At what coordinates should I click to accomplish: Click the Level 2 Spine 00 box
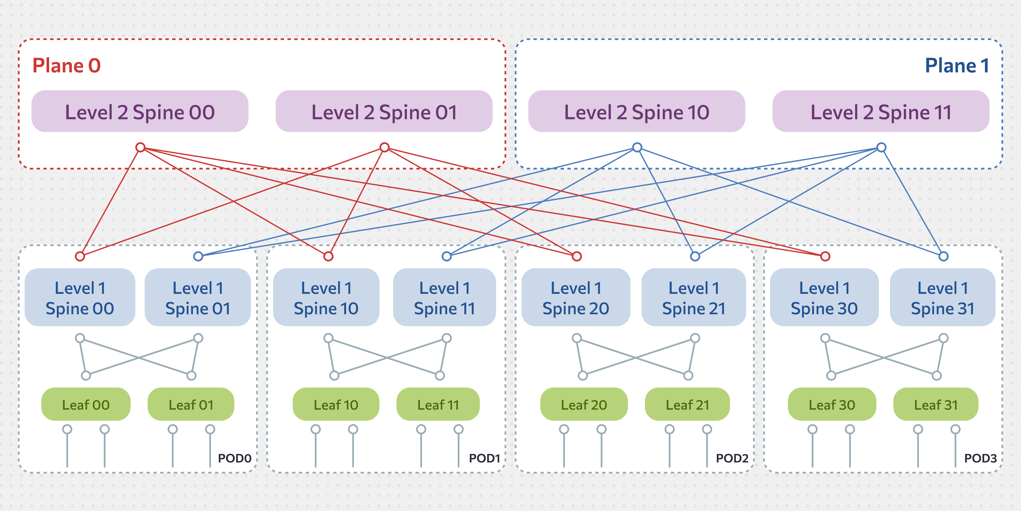click(140, 111)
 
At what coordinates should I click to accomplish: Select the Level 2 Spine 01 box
click(384, 111)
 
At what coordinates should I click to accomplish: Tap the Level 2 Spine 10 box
click(637, 111)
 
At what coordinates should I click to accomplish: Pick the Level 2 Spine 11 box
click(881, 111)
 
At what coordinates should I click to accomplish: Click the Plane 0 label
click(67, 65)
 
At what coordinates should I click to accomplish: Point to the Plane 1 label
click(957, 65)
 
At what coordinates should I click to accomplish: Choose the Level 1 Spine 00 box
click(80, 297)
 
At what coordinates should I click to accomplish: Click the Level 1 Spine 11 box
click(444, 297)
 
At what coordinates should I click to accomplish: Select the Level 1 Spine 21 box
click(694, 297)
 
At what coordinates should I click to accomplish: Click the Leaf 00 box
click(86, 404)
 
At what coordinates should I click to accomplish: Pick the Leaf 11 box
click(438, 404)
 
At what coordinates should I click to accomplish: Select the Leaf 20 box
click(584, 404)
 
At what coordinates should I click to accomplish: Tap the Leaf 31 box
click(936, 404)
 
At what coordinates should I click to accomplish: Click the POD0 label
click(235, 458)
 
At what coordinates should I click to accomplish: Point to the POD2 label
click(732, 458)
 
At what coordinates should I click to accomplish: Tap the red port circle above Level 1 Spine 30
click(825, 256)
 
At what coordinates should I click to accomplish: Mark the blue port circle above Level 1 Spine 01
click(198, 256)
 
